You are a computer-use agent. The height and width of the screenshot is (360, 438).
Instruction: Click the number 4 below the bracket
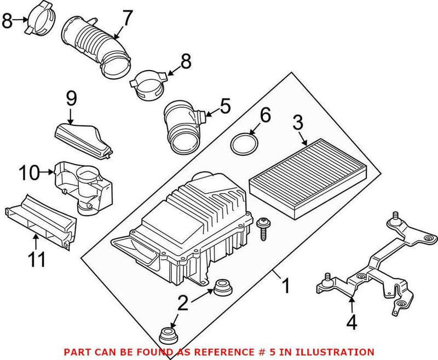point(352,323)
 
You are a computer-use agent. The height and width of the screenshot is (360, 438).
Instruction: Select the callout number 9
point(72,100)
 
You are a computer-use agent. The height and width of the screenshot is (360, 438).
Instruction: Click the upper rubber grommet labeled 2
point(223,287)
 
